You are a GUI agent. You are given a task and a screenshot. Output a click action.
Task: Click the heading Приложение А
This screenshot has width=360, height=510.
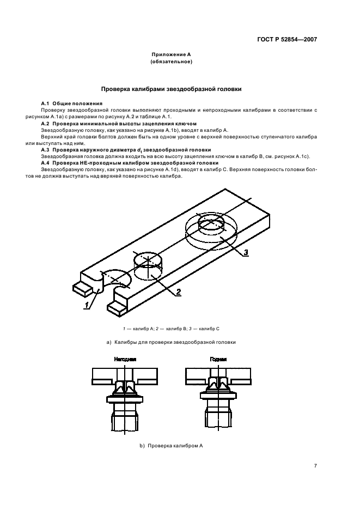[x=172, y=54]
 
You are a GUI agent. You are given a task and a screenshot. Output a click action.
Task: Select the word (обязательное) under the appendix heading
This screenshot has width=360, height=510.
[x=172, y=62]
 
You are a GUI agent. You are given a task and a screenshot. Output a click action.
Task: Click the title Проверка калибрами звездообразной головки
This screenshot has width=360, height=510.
[x=172, y=88]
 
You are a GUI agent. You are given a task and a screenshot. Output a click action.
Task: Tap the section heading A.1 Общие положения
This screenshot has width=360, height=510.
[x=72, y=104]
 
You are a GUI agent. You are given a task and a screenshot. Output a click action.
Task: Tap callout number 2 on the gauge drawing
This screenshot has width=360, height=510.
[x=178, y=292]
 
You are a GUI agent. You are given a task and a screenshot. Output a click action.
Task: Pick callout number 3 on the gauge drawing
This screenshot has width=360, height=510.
[x=246, y=252]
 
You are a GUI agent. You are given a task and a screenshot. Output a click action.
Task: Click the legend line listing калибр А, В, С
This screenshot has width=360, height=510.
[x=172, y=329]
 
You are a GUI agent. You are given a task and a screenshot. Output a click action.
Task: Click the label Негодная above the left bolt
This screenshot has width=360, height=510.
[x=125, y=360]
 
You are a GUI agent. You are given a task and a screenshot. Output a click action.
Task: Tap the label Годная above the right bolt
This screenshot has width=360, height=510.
[x=218, y=360]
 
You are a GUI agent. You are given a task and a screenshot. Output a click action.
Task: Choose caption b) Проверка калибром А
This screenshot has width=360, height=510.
[x=172, y=446]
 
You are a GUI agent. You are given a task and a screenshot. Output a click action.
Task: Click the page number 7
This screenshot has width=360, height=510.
[x=315, y=465]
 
